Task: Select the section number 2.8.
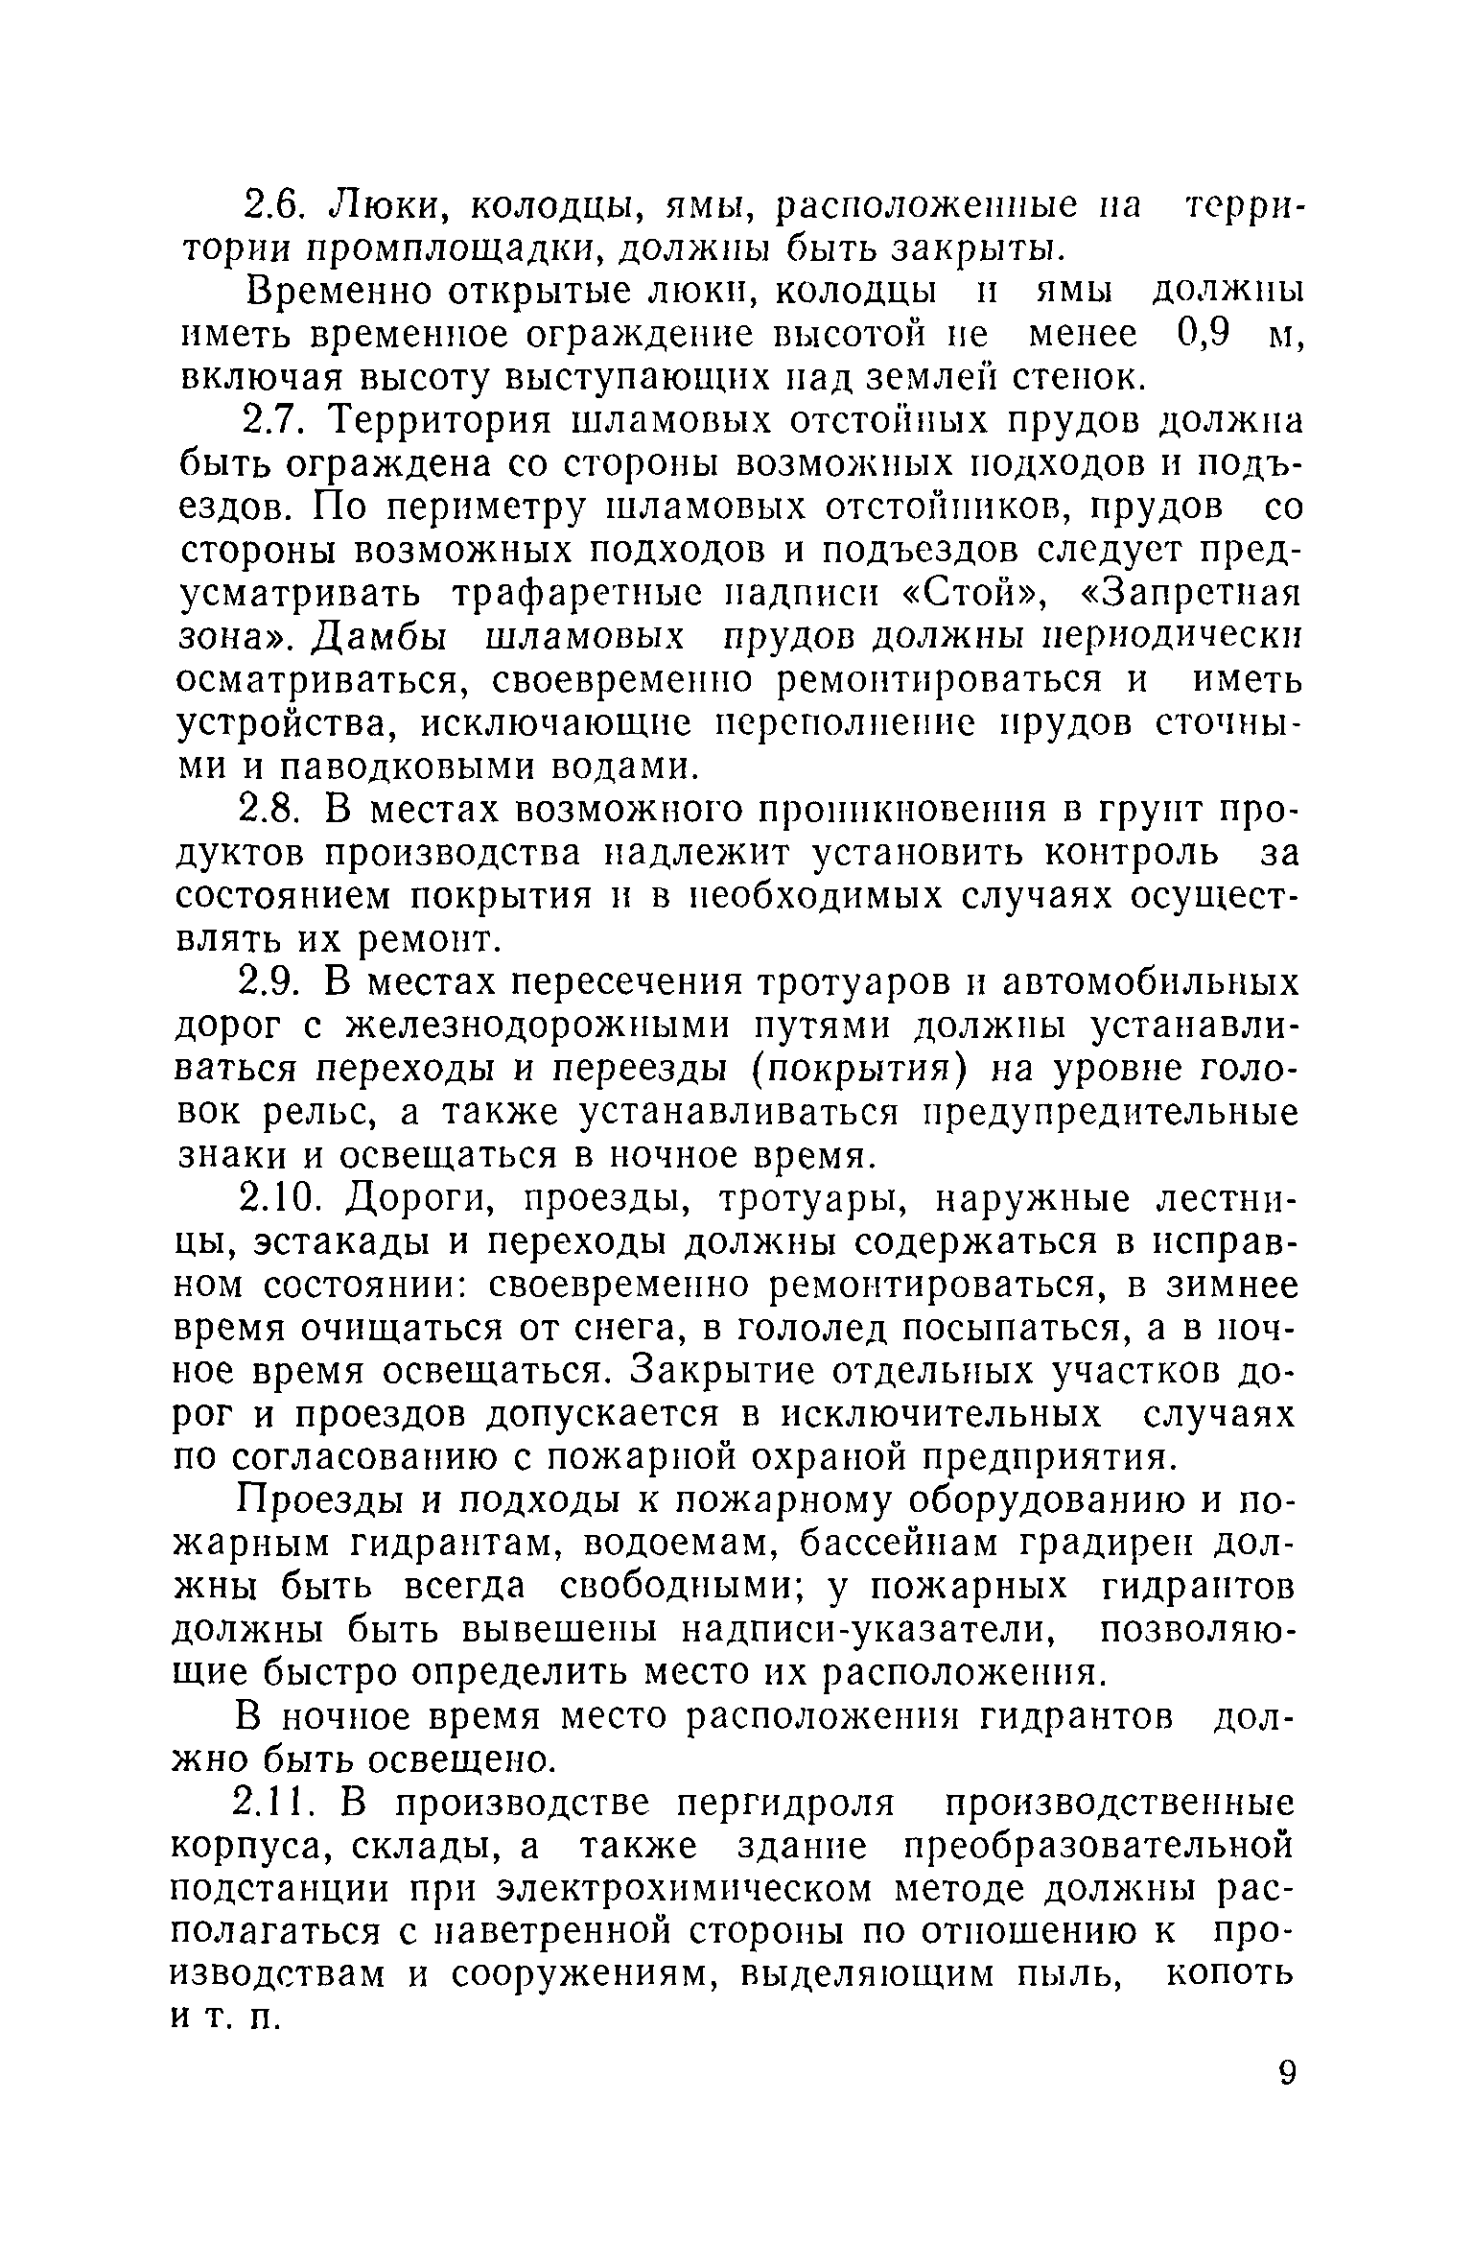[270, 811]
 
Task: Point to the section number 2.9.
[270, 984]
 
